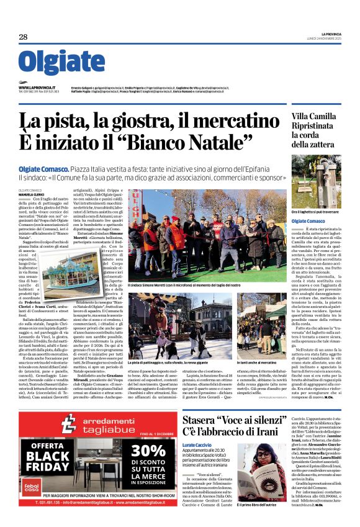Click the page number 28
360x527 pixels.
(x=23, y=37)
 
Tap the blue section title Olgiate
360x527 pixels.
(x=61, y=62)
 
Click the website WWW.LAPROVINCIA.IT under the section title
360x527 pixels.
(x=37, y=88)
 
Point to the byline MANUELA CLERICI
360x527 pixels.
(x=32, y=194)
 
